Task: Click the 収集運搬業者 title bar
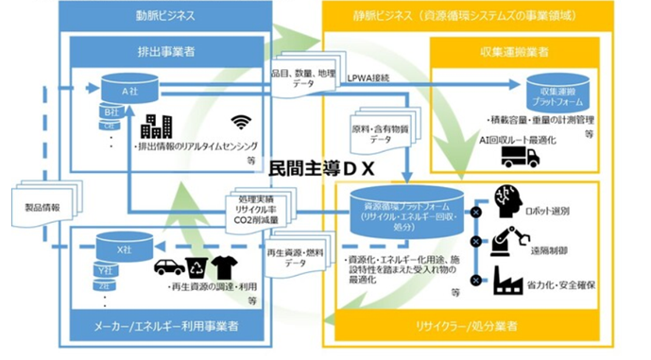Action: [x=534, y=49]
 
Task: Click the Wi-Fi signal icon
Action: [x=242, y=122]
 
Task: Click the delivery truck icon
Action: [x=521, y=157]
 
